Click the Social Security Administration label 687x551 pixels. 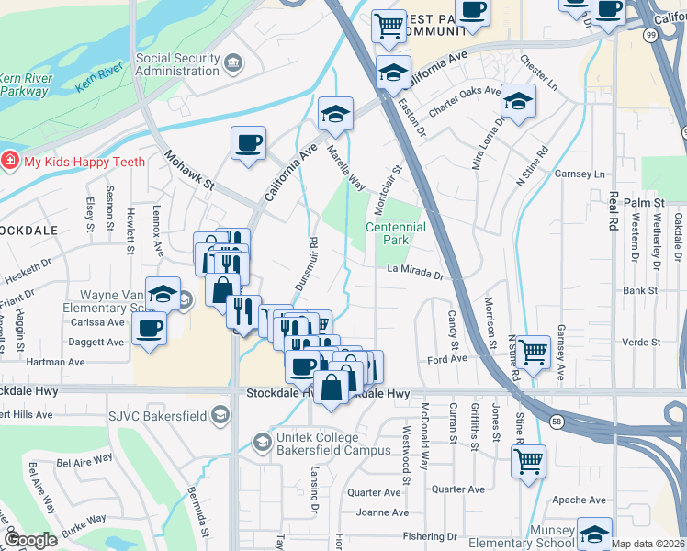pos(178,65)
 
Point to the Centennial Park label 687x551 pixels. pos(396,233)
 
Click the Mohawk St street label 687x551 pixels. pos(188,171)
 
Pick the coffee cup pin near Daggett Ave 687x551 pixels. pos(149,328)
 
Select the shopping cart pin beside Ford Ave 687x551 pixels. pos(534,351)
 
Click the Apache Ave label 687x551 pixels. pos(579,500)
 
